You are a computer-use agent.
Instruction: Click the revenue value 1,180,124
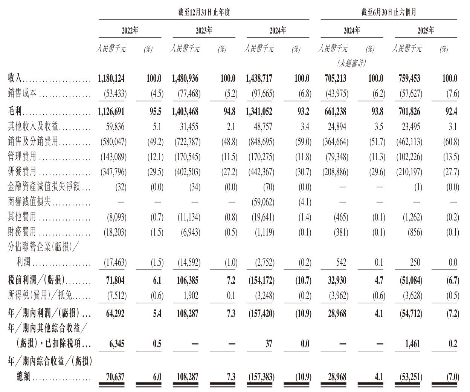(111, 78)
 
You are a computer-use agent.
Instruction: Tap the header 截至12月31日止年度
(204, 12)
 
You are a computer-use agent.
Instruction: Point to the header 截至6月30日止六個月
(389, 12)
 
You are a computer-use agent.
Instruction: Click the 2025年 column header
(426, 31)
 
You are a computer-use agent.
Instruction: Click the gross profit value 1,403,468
(185, 112)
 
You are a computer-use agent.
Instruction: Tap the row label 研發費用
(22, 172)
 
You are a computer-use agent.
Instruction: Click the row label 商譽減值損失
(29, 202)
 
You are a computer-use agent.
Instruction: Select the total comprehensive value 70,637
(114, 377)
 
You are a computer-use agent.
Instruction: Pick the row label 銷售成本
(22, 93)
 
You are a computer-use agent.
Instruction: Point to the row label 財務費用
(22, 232)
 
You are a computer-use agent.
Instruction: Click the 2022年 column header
(130, 31)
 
